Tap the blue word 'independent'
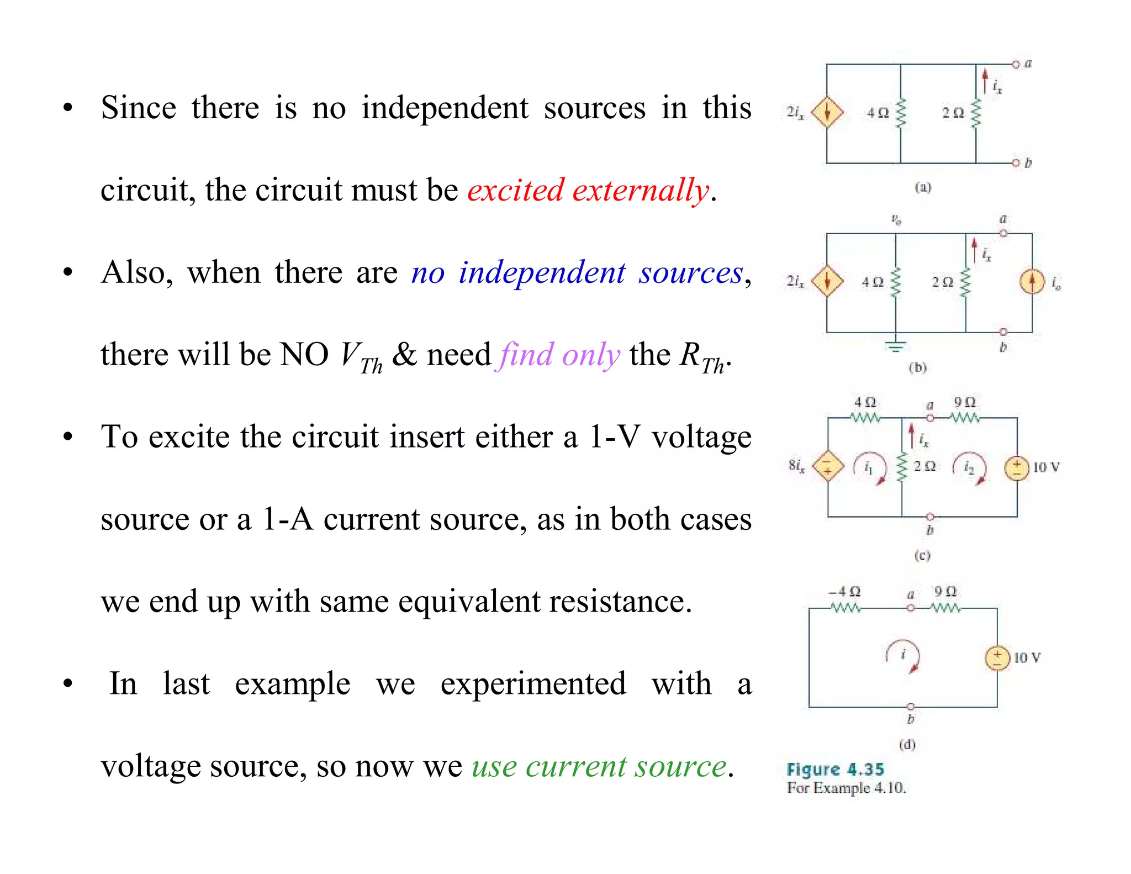click(x=542, y=272)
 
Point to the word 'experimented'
click(x=533, y=683)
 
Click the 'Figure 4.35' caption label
click(x=835, y=769)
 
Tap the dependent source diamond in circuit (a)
click(x=827, y=112)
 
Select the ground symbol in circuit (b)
click(x=896, y=346)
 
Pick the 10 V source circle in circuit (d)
click(x=997, y=657)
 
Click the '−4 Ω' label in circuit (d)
click(x=844, y=592)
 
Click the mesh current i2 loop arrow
click(x=970, y=468)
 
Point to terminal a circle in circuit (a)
click(x=1015, y=65)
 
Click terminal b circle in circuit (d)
click(x=911, y=707)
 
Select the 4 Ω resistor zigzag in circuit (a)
click(x=901, y=113)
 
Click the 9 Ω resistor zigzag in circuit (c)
click(x=965, y=418)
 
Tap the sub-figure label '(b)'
click(x=917, y=367)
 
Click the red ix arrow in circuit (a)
click(x=985, y=81)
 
